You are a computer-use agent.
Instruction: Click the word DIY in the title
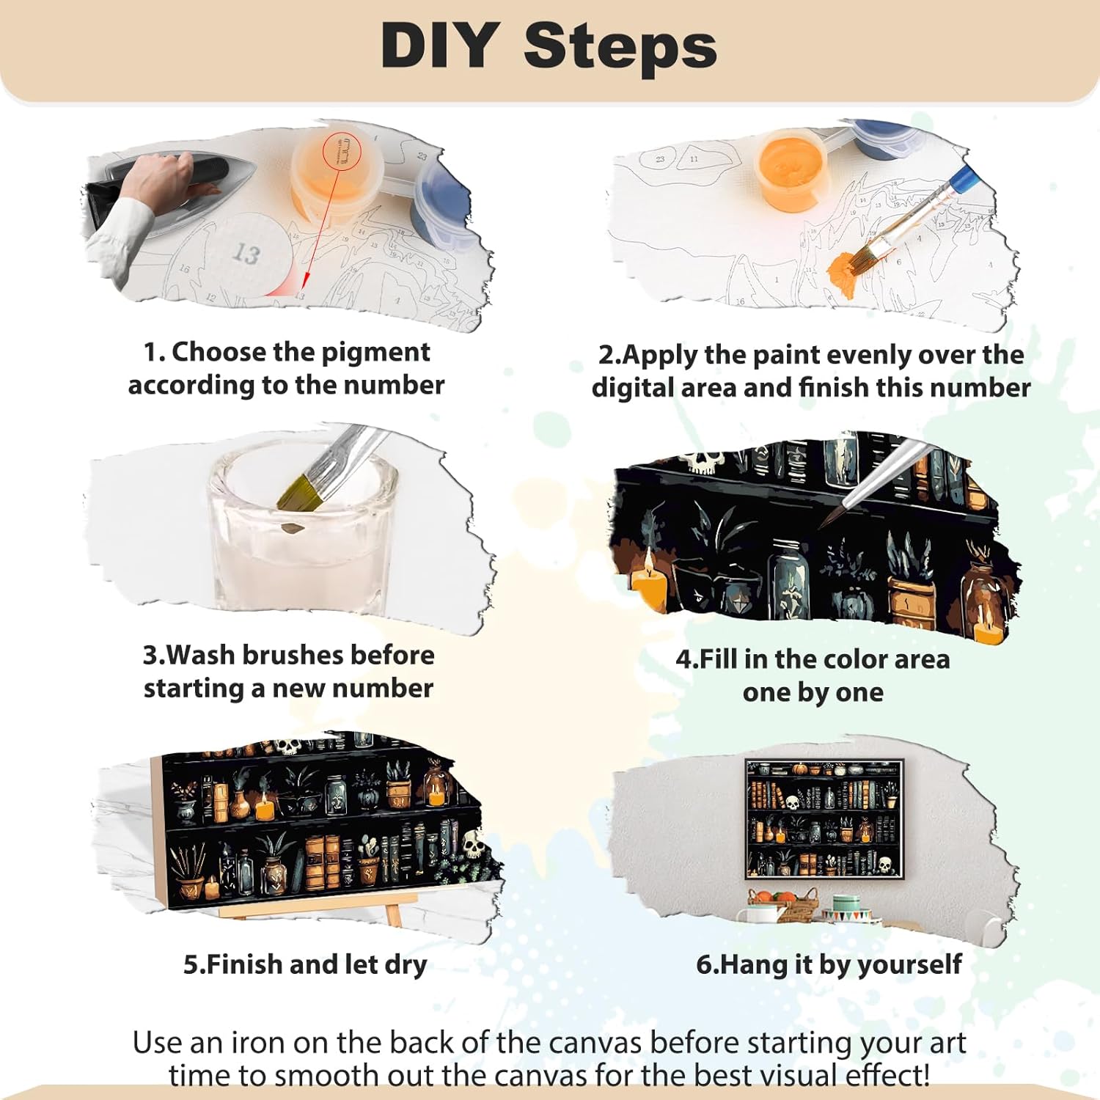(440, 45)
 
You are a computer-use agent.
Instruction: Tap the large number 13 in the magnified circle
(247, 254)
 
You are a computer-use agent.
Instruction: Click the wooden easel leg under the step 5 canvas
(393, 915)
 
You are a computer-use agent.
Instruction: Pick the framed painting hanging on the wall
(824, 819)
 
